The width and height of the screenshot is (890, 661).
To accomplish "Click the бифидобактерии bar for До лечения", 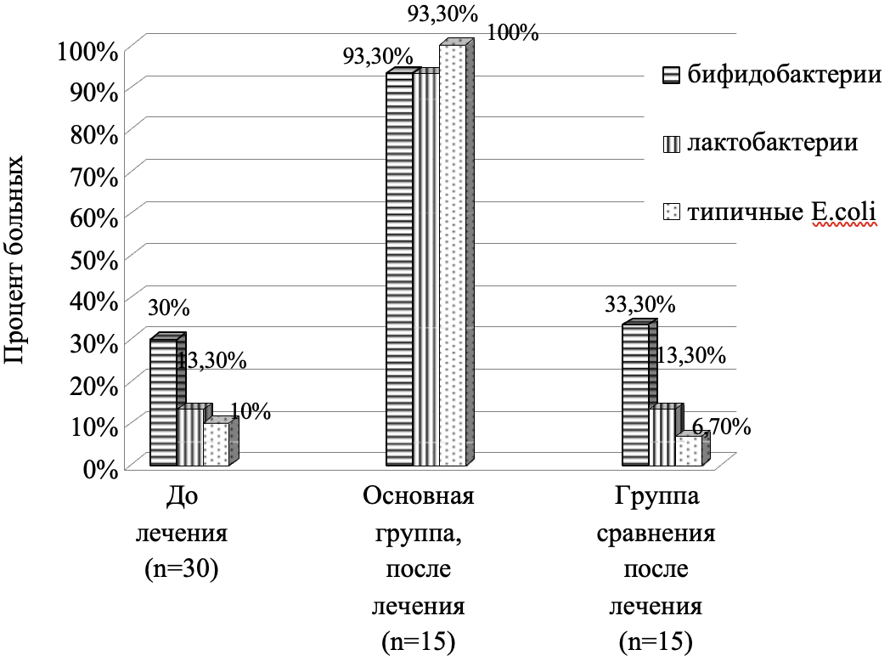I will tap(164, 403).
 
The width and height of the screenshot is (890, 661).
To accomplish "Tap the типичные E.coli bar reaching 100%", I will tap(452, 255).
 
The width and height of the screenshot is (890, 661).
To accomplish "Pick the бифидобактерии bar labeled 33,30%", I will tap(635, 395).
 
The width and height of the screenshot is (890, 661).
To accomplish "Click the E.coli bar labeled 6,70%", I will tap(688, 451).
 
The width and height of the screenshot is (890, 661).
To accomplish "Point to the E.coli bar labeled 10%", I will tap(216, 444).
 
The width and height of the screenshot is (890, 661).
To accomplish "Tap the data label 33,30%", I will tap(640, 304).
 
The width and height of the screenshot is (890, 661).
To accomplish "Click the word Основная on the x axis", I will tap(418, 495).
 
